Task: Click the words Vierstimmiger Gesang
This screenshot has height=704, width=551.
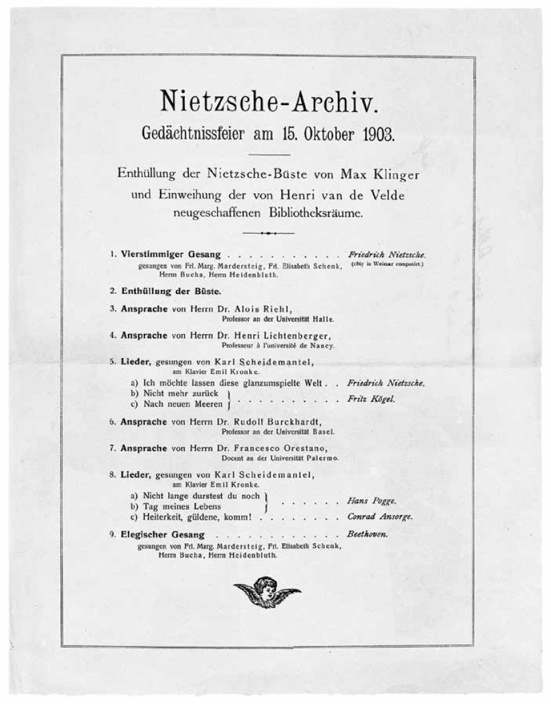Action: pos(174,254)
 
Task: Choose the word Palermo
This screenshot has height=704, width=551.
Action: pos(322,458)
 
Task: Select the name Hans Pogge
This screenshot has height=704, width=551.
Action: pos(371,500)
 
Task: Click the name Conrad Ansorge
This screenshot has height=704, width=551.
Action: pos(380,516)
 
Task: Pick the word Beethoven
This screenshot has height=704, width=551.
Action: pos(367,533)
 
